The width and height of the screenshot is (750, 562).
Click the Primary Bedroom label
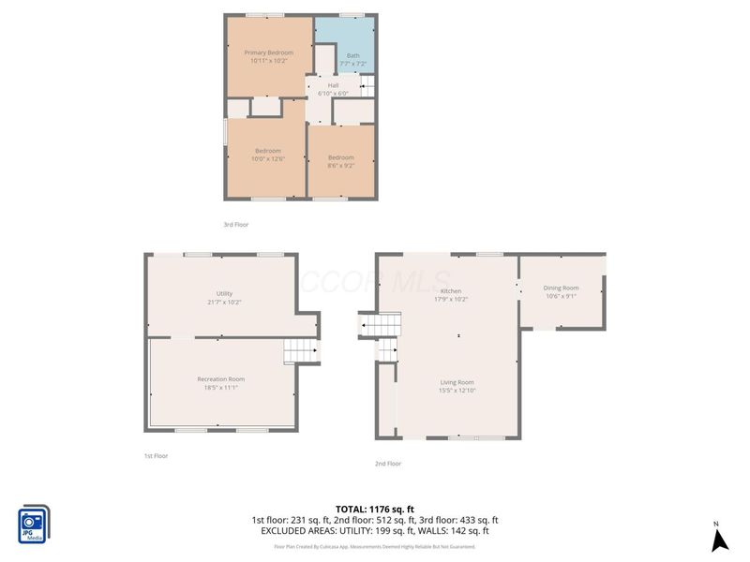pos(269,53)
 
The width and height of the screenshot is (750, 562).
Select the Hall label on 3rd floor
pos(333,86)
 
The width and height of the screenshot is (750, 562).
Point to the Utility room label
pos(224,293)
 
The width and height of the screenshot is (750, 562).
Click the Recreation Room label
pos(221,378)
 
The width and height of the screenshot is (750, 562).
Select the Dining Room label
pos(562,288)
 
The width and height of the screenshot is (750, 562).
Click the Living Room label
pos(457,382)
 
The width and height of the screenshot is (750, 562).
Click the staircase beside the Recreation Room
pos(300,351)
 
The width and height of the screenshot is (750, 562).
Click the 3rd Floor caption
pos(235,225)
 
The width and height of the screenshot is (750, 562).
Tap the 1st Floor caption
pos(156,455)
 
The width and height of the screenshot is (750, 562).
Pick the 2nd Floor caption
pos(388,464)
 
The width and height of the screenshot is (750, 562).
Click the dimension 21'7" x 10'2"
pos(224,303)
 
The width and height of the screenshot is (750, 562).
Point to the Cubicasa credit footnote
pos(374,546)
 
